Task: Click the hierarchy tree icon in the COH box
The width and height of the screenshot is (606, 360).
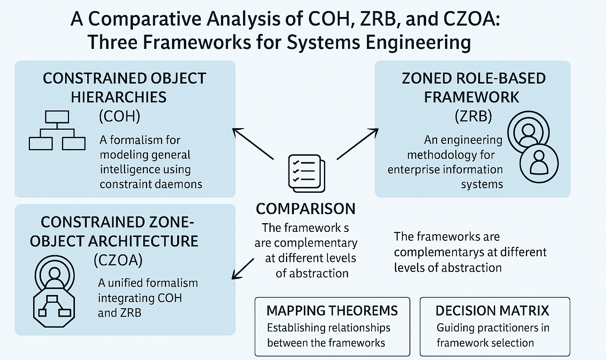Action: pos(57,130)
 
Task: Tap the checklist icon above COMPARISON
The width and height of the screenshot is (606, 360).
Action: pos(307,173)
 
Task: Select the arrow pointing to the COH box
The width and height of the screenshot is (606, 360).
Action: pos(252,144)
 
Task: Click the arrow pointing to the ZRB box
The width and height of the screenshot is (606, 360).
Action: pos(357,144)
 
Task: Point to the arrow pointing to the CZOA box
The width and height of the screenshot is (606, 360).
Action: pos(243,269)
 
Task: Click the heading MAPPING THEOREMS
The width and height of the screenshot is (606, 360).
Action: pos(332,311)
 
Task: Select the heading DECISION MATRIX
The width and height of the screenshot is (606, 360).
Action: pos(492,311)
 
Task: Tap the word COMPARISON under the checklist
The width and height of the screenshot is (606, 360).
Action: pos(305,209)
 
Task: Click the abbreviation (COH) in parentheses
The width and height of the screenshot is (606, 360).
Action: pos(120,116)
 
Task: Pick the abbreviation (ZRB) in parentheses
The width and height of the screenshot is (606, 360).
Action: pos(473,116)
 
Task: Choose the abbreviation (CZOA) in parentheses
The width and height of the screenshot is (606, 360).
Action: pos(118,260)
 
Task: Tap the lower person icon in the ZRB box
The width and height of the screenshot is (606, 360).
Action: pos(539,163)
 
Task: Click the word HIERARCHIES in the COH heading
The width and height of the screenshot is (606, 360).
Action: pos(118,97)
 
